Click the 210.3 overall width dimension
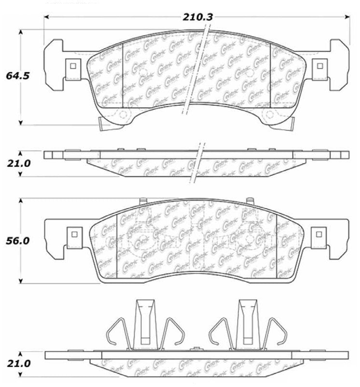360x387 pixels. tap(198, 17)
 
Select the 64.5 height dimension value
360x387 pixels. tap(18, 75)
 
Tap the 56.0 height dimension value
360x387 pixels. tap(18, 241)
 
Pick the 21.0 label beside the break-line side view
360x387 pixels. tap(18, 164)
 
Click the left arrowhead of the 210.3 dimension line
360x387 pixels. tap(47, 17)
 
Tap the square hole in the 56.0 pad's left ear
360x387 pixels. tap(74, 234)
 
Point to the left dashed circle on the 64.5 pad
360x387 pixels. tap(123, 115)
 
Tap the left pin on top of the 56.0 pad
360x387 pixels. tap(142, 201)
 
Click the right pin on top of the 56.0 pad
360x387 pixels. tap(249, 201)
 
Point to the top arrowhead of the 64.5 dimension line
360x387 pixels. tap(20, 32)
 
